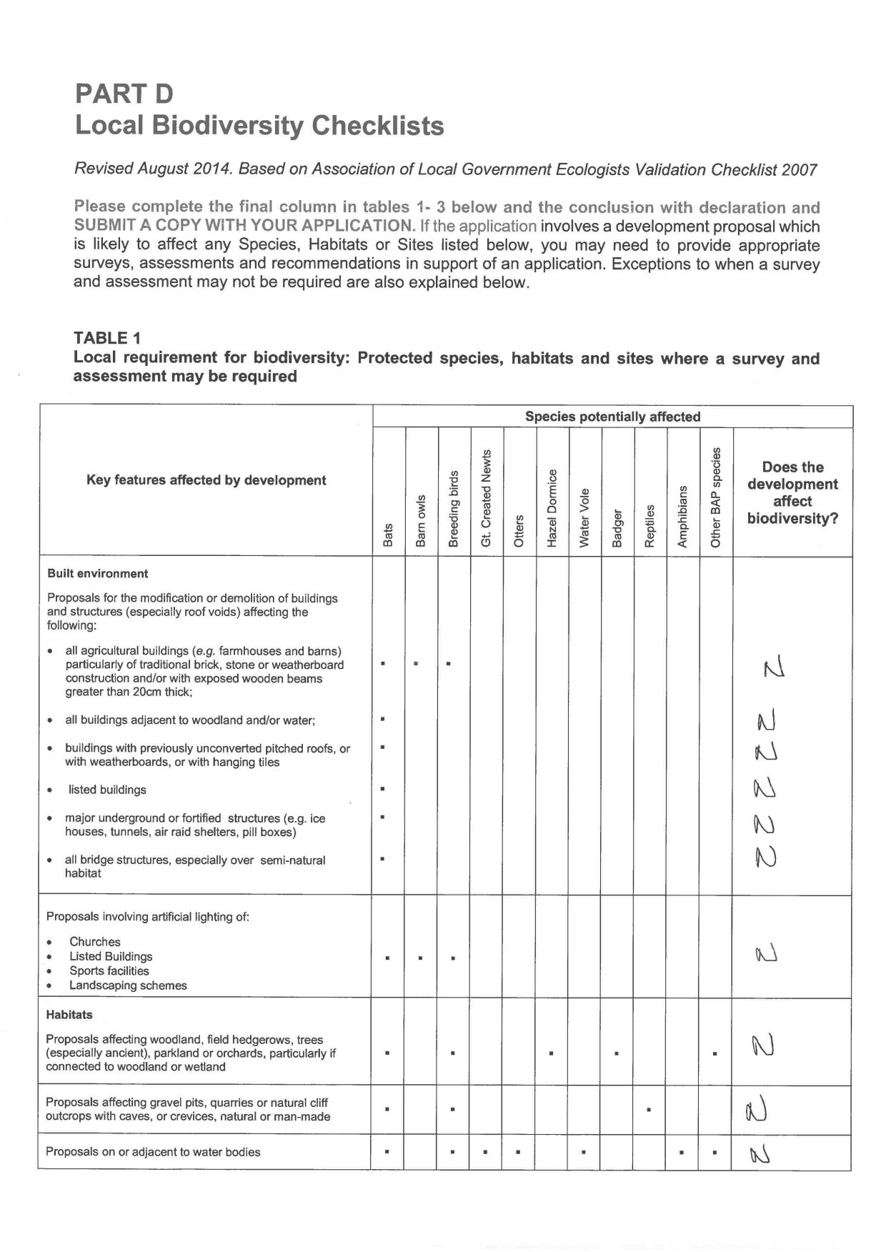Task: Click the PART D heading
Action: [x=124, y=94]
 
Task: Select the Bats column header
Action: [x=388, y=535]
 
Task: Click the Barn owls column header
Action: [x=421, y=521]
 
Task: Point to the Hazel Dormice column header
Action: [x=552, y=508]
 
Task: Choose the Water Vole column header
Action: [x=584, y=517]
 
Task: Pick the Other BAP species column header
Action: [x=716, y=497]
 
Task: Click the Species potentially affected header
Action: [x=612, y=417]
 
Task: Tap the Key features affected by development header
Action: [x=206, y=480]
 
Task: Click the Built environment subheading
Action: [x=98, y=574]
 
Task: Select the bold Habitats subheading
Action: [x=69, y=1015]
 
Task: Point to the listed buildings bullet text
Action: [x=107, y=790]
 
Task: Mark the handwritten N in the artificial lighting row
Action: [x=765, y=954]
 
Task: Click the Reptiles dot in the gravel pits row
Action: [x=648, y=1110]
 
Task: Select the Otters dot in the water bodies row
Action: [x=518, y=1152]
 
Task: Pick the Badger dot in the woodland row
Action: [x=616, y=1053]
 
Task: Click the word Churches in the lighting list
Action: [x=95, y=942]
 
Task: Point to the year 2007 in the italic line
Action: [x=800, y=170]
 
